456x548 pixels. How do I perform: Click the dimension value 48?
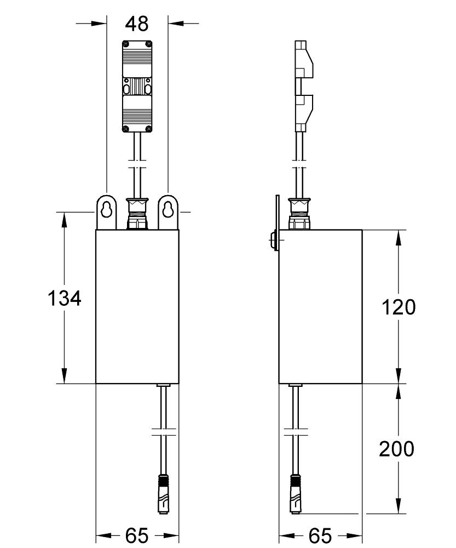click(x=137, y=24)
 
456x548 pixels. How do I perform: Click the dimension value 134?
click(x=65, y=299)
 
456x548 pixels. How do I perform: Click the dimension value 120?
click(x=398, y=307)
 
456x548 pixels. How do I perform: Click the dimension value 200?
click(x=397, y=449)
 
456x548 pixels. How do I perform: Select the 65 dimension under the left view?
click(x=137, y=535)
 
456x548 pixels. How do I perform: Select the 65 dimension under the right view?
click(x=320, y=535)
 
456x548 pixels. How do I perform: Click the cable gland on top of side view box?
click(x=299, y=214)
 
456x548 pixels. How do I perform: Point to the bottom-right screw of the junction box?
click(x=148, y=128)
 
